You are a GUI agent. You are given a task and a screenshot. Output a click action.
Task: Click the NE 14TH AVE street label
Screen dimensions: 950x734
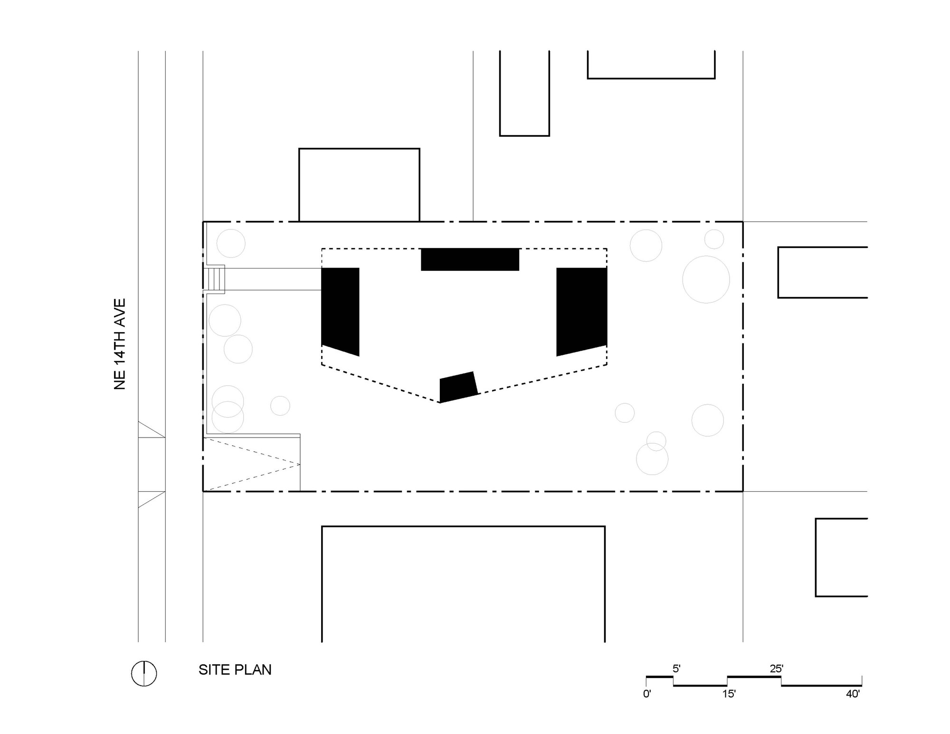tap(120, 344)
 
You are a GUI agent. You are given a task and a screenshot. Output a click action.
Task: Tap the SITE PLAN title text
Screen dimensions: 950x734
tap(235, 670)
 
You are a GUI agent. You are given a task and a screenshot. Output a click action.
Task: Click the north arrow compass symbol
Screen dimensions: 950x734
tap(144, 673)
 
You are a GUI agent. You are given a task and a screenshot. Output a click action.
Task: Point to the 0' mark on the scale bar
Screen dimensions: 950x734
tap(647, 694)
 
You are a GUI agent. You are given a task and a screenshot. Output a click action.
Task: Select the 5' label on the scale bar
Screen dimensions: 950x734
tap(676, 668)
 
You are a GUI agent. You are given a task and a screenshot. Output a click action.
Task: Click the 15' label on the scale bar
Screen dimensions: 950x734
tap(729, 694)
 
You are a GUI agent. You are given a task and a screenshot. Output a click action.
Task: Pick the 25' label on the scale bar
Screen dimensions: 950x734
tap(776, 668)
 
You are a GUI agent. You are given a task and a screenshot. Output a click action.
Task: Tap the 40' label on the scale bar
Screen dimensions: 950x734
tap(853, 694)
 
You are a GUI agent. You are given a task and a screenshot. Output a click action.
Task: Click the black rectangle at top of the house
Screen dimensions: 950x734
tap(470, 259)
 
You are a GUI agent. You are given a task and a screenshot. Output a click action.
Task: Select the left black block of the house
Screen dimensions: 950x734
tap(340, 311)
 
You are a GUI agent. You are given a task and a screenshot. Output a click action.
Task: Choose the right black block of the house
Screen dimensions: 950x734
tap(581, 311)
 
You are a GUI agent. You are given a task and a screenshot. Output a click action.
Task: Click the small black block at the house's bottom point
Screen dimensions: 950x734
tap(458, 387)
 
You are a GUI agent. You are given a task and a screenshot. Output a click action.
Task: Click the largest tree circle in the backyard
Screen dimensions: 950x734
tap(706, 279)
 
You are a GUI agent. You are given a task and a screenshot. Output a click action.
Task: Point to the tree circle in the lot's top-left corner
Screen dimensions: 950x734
tap(231, 243)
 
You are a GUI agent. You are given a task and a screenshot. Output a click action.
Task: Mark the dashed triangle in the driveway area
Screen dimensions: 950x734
tap(252, 464)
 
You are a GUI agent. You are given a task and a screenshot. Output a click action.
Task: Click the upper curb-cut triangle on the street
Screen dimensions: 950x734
tap(152, 429)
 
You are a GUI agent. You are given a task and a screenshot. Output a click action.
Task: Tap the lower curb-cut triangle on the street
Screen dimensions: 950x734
tap(152, 499)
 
